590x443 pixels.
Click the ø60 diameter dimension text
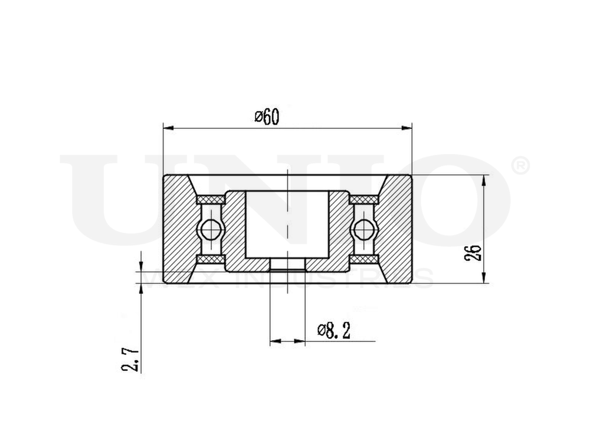tap(266, 117)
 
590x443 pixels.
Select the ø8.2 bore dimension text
tap(334, 331)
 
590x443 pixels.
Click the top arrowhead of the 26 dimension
tap(484, 180)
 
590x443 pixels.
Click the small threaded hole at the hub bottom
tap(287, 264)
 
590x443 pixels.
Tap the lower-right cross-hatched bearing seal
tap(363, 260)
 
